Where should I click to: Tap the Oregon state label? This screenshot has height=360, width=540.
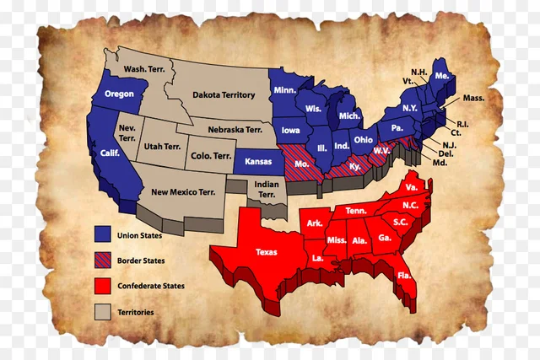pyautogui.click(x=119, y=94)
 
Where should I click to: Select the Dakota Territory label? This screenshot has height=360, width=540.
pyautogui.click(x=223, y=95)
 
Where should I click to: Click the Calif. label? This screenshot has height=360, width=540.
pyautogui.click(x=110, y=153)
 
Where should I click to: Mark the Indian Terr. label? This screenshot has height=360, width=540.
pyautogui.click(x=266, y=190)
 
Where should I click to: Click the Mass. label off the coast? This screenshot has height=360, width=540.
pyautogui.click(x=473, y=98)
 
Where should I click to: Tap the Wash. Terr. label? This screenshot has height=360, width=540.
pyautogui.click(x=143, y=68)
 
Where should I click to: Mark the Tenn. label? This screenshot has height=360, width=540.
pyautogui.click(x=355, y=210)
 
